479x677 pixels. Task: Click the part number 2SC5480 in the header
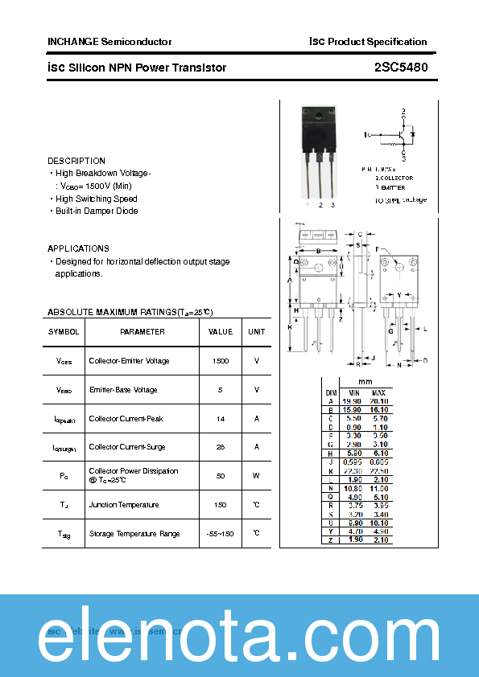(x=400, y=68)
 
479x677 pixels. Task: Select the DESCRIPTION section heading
(x=76, y=161)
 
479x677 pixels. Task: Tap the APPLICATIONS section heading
(x=78, y=248)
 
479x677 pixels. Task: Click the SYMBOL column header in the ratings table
(x=64, y=332)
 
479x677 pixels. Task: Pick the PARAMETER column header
(x=142, y=332)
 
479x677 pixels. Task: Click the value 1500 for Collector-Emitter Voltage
(x=221, y=361)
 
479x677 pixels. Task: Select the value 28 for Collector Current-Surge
(x=221, y=447)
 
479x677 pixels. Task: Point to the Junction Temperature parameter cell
(x=124, y=505)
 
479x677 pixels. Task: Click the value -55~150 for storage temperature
(x=221, y=534)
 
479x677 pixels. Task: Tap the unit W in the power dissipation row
(x=256, y=476)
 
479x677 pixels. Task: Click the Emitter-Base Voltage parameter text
(x=123, y=390)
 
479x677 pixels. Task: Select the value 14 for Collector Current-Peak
(x=221, y=419)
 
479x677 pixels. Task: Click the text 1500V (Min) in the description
(x=103, y=186)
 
